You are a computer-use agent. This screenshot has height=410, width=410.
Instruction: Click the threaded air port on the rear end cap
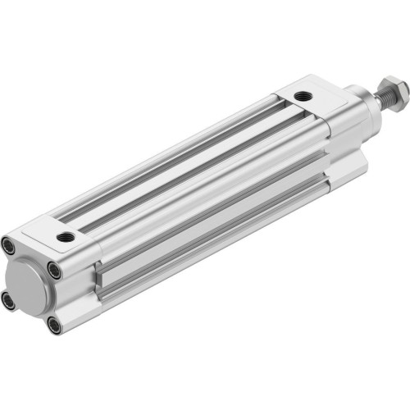(x=66, y=238)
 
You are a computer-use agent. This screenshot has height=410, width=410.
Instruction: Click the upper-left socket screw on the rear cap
(x=8, y=244)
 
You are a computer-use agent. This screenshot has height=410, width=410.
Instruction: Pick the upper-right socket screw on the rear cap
(x=53, y=268)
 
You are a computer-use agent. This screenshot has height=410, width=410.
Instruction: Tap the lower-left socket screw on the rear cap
(x=9, y=300)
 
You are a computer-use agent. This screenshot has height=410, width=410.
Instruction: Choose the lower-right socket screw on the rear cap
(x=54, y=326)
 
